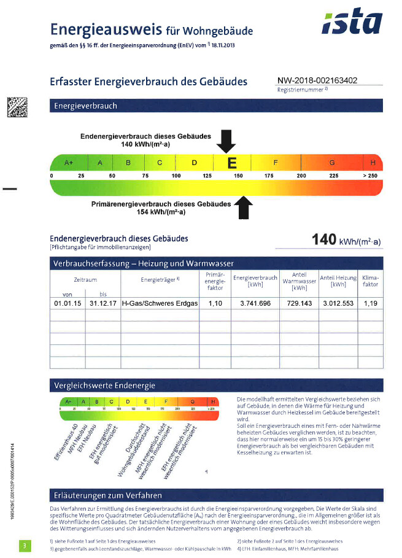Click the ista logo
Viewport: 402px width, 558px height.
[x=352, y=23]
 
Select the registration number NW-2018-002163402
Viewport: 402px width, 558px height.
[x=317, y=80]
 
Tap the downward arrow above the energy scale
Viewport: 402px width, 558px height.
[x=226, y=141]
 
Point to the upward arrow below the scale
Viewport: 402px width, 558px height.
[x=244, y=207]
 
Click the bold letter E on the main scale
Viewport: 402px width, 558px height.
[x=231, y=163]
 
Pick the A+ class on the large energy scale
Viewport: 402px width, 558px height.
[x=69, y=163]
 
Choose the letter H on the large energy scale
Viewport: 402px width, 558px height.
[x=373, y=163]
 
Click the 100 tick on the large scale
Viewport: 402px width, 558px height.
[x=176, y=176]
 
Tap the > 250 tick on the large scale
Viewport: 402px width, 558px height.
[x=370, y=176]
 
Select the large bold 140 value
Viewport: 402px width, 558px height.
[x=325, y=239]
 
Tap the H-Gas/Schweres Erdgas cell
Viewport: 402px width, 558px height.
[x=160, y=303]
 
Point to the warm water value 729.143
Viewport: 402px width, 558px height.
[x=298, y=303]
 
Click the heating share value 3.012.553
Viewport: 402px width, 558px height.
[x=338, y=303]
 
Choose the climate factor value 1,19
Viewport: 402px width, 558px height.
[x=370, y=303]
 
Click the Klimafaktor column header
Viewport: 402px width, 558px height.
[x=370, y=281]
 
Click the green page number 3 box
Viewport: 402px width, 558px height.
[x=25, y=544]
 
